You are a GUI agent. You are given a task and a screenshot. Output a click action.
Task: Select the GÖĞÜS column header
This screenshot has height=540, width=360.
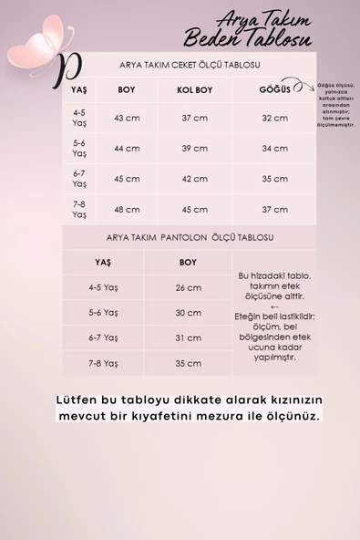pyautogui.click(x=274, y=91)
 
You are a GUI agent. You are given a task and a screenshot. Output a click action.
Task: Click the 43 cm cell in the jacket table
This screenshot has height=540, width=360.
pyautogui.click(x=126, y=119)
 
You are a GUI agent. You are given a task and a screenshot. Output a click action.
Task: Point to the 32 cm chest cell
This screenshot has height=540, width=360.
pyautogui.click(x=274, y=119)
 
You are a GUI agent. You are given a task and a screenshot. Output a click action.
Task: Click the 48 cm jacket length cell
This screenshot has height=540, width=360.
pyautogui.click(x=126, y=209)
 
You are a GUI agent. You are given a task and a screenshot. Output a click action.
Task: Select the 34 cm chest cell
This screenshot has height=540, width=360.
pyautogui.click(x=274, y=148)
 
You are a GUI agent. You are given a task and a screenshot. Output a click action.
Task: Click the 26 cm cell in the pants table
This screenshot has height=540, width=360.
pyautogui.click(x=188, y=287)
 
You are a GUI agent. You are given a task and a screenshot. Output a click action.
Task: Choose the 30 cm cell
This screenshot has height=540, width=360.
pyautogui.click(x=188, y=312)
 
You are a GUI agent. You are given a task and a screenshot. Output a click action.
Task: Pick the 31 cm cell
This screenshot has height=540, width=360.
pyautogui.click(x=188, y=337)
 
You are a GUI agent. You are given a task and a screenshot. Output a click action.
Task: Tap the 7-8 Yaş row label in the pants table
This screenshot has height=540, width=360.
pyautogui.click(x=104, y=363)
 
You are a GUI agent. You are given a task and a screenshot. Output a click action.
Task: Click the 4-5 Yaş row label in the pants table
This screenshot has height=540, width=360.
pyautogui.click(x=104, y=287)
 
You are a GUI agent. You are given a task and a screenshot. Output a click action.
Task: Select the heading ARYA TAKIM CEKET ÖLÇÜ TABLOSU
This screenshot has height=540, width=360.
pyautogui.click(x=190, y=66)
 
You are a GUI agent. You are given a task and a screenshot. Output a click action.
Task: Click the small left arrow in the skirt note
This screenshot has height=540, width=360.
pyautogui.click(x=275, y=307)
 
